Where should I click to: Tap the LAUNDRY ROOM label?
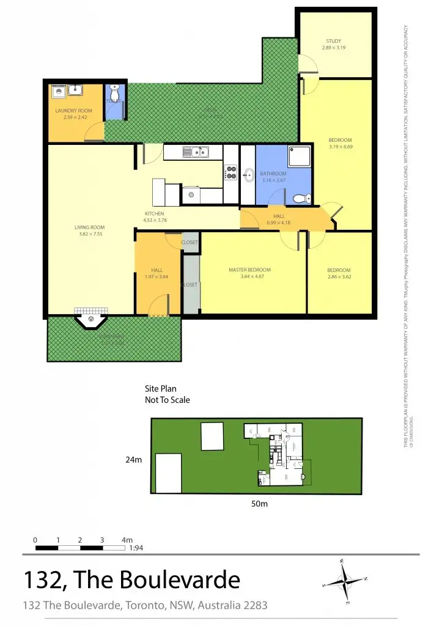point(73,111)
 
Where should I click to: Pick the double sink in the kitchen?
point(198,152)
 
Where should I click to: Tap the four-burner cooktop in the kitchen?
point(231,172)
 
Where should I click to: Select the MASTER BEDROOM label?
point(249,270)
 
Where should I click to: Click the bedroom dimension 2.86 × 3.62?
point(339,277)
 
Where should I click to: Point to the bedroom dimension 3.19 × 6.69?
point(340,147)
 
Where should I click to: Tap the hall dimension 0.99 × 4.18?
point(279,223)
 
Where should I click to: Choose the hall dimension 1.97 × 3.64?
point(157,277)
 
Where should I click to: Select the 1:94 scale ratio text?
point(136,548)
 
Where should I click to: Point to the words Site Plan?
point(160,389)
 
